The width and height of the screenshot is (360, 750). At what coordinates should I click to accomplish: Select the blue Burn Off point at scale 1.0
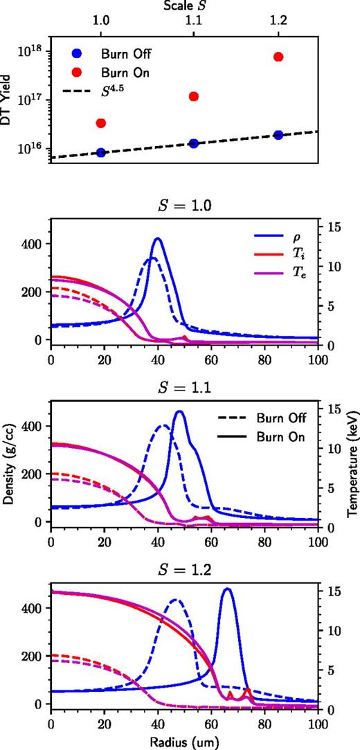click(101, 152)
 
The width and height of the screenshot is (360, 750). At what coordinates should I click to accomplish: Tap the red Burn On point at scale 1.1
click(194, 96)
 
